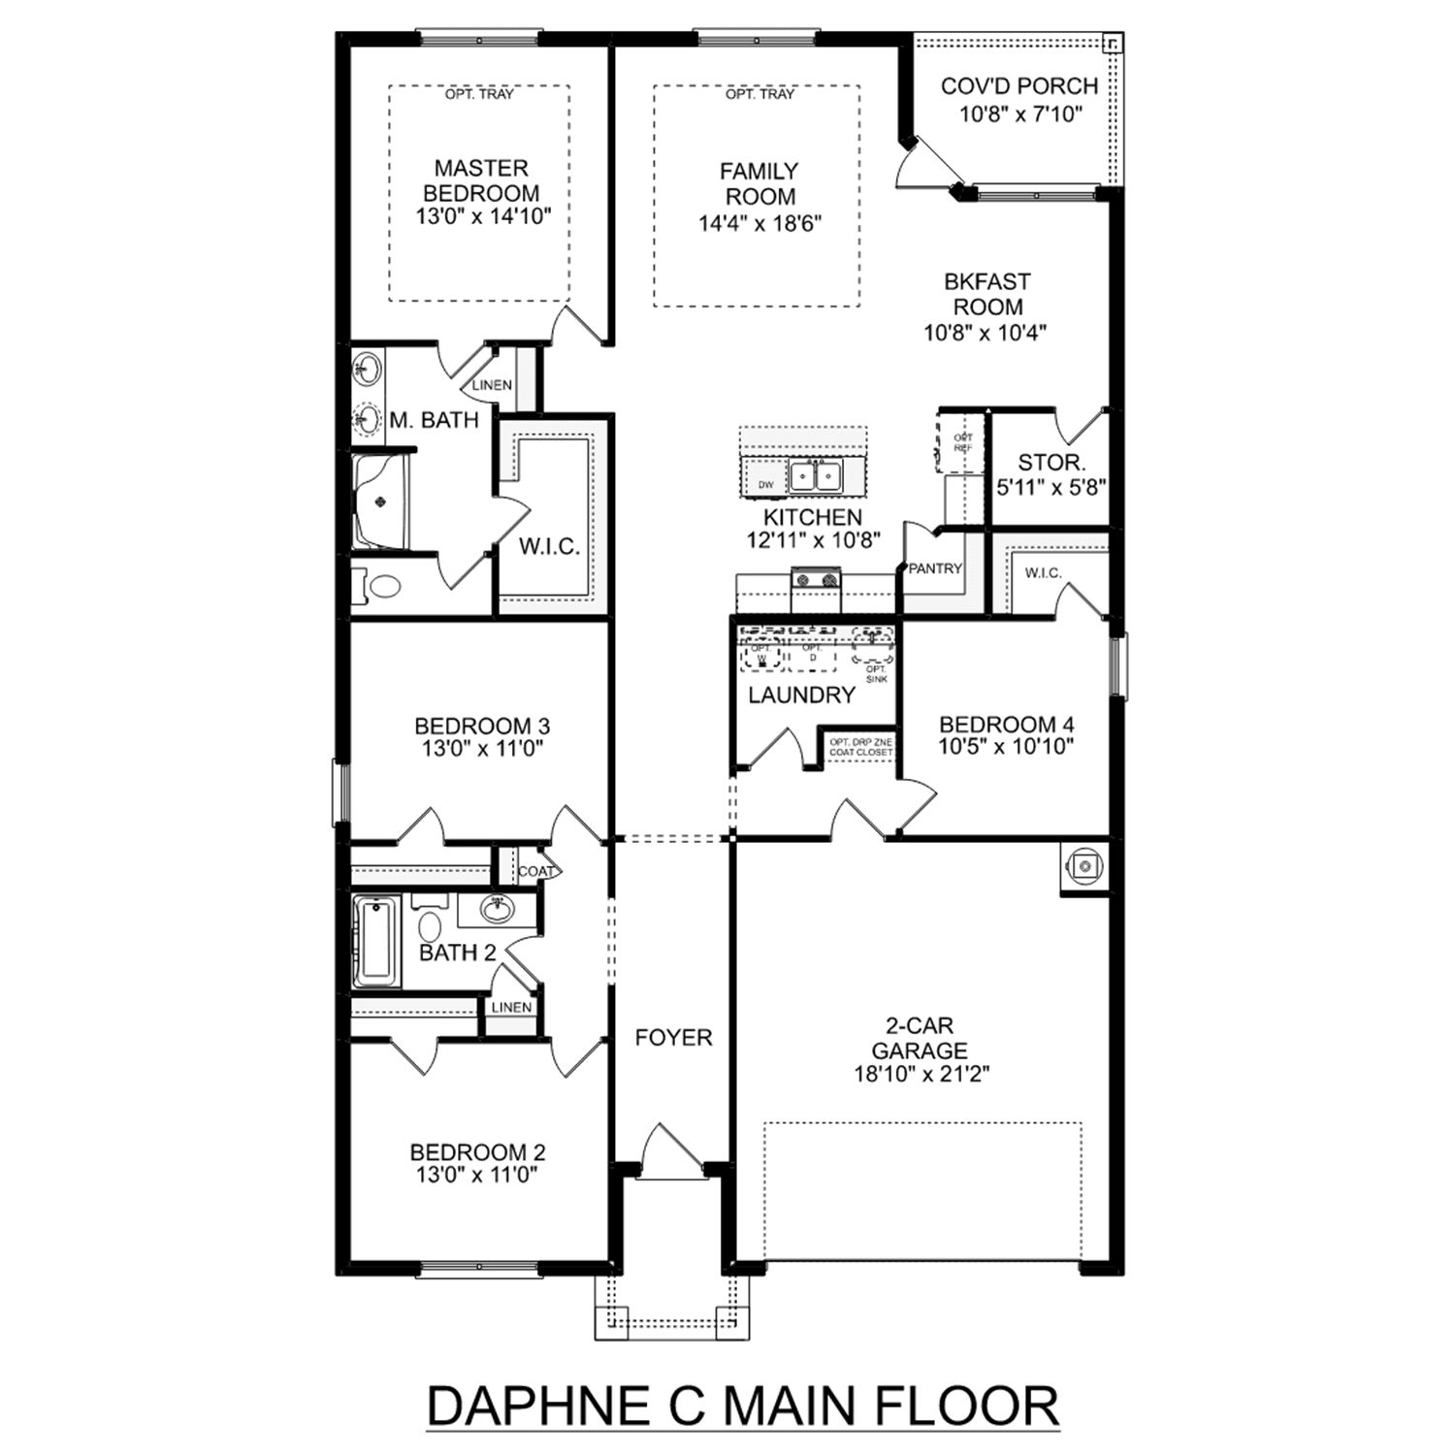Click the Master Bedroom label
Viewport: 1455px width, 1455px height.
481,180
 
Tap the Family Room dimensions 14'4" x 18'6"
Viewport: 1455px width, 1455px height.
760,223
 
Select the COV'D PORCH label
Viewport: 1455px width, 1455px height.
1019,86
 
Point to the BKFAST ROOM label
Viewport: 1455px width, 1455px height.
986,294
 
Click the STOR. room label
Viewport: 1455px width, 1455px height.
1051,463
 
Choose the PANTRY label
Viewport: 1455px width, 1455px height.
934,568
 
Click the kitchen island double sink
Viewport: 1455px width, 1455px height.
814,476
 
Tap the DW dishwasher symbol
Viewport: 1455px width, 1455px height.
766,484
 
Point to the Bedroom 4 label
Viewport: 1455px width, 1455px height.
1006,724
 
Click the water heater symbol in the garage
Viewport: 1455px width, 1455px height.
1083,866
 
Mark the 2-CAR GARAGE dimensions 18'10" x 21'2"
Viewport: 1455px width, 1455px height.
920,1074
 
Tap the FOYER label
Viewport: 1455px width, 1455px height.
673,1038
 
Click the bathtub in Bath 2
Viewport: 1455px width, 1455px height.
374,941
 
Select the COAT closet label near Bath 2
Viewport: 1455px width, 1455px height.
535,871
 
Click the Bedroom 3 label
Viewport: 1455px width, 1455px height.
482,726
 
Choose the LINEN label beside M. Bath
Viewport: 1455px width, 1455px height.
492,385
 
